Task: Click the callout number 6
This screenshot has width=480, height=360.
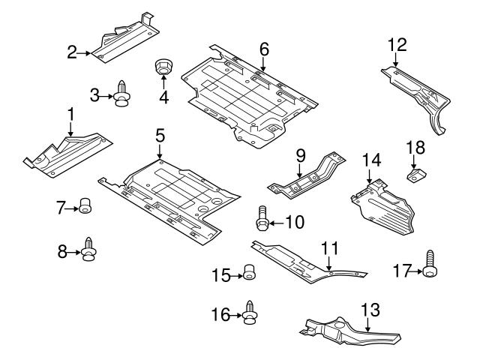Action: click(x=264, y=49)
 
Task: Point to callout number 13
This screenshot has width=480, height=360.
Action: click(x=370, y=309)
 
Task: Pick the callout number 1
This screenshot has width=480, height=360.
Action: click(x=71, y=114)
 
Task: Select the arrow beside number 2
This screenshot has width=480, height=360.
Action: click(x=83, y=52)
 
